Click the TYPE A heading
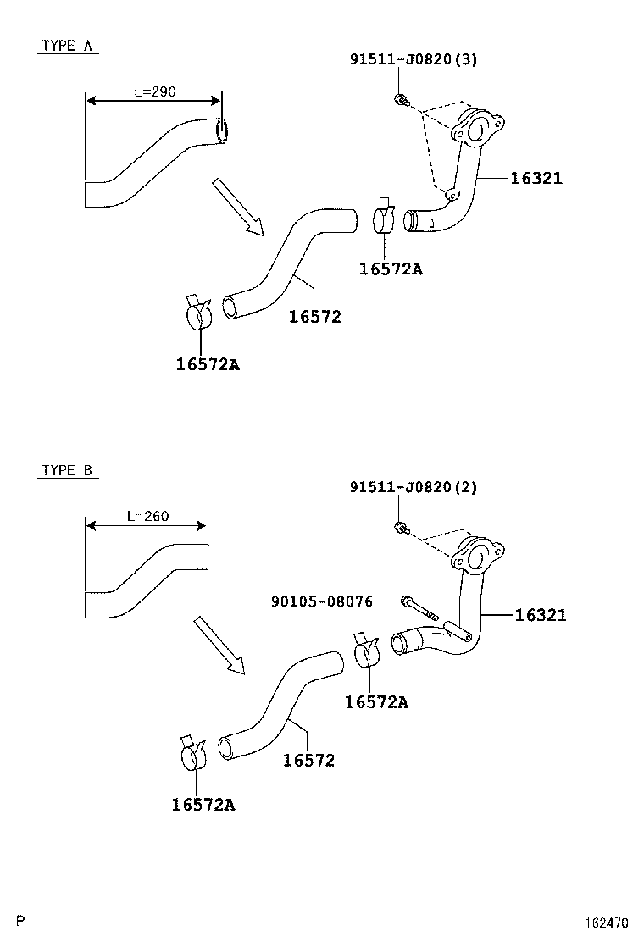pyautogui.click(x=67, y=47)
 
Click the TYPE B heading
pyautogui.click(x=67, y=470)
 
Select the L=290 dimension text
pyautogui.click(x=155, y=91)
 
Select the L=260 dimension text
pyautogui.click(x=147, y=515)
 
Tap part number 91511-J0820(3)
pyautogui.click(x=414, y=59)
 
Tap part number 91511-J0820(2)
pyautogui.click(x=414, y=487)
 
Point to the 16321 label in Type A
pyautogui.click(x=536, y=178)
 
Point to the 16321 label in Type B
pyautogui.click(x=541, y=615)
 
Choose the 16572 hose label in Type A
pyautogui.click(x=314, y=317)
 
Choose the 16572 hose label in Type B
pyautogui.click(x=308, y=761)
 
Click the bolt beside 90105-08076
pyautogui.click(x=417, y=607)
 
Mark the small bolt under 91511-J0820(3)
pyautogui.click(x=400, y=101)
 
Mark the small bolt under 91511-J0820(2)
pyautogui.click(x=400, y=529)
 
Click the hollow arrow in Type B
pyautogui.click(x=219, y=646)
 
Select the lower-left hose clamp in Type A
pyautogui.click(x=199, y=313)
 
